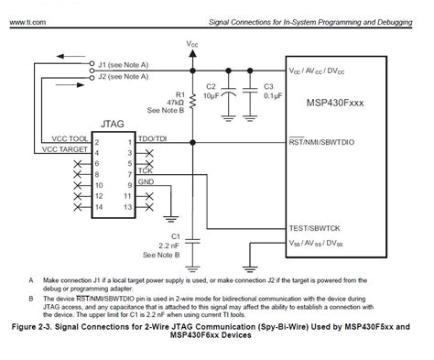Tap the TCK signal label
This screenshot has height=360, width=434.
click(x=145, y=170)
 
